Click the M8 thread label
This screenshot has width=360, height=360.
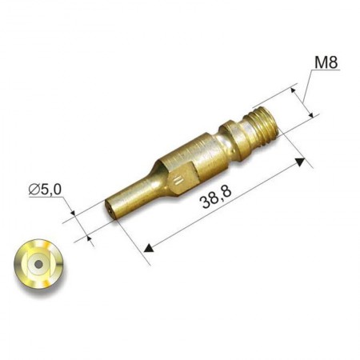(326, 62)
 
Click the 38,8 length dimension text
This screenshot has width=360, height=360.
(216, 198)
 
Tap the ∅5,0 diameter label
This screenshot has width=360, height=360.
(45, 189)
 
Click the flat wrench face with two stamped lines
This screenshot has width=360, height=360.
(182, 178)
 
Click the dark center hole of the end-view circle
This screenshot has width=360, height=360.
(39, 265)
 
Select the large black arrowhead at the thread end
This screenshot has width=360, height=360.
(300, 162)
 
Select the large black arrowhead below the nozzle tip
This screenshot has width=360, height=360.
(148, 248)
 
